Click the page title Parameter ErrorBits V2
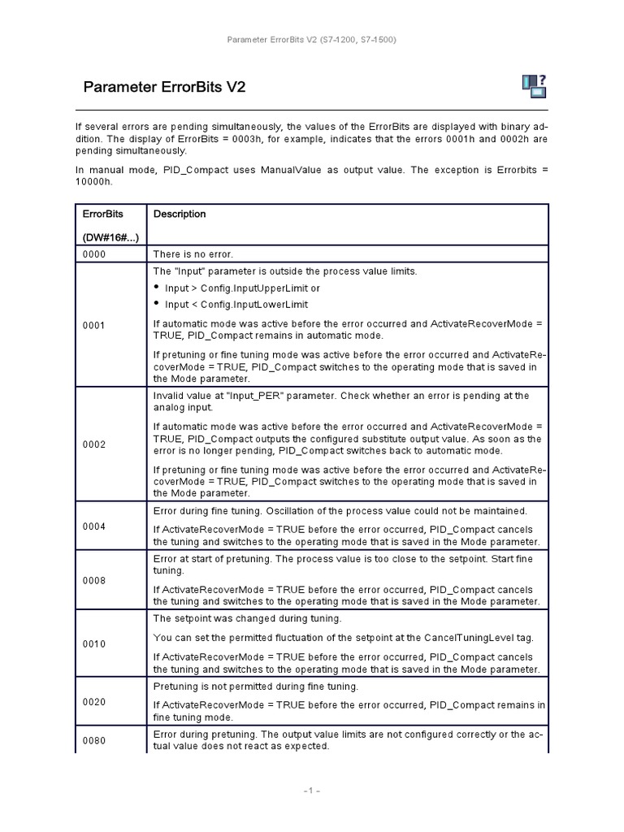click(x=164, y=87)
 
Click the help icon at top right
click(x=533, y=85)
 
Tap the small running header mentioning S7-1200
click(x=311, y=39)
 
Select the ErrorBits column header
click(x=103, y=214)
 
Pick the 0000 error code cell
click(x=94, y=254)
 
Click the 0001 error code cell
click(x=94, y=325)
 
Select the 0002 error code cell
click(x=94, y=444)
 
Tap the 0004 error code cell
click(x=94, y=526)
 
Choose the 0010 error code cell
click(x=94, y=643)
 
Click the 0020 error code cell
click(x=94, y=702)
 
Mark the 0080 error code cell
click(x=94, y=740)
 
